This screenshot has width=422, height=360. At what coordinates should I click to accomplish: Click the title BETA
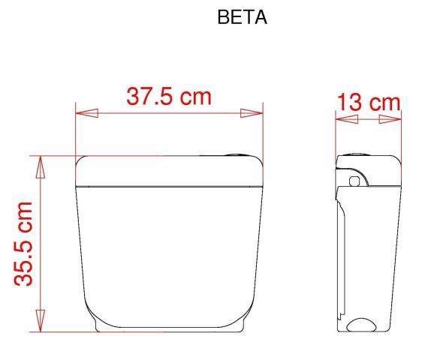pos(242,17)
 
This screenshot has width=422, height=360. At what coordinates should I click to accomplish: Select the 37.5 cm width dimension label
pos(169,96)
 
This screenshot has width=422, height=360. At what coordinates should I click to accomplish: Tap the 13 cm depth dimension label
pos(369,102)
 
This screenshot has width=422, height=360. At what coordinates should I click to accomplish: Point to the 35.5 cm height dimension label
pos(24,244)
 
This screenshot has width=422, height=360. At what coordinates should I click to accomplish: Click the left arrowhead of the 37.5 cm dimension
pos(86,113)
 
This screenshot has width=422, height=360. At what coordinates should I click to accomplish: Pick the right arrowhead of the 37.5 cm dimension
pos(252,113)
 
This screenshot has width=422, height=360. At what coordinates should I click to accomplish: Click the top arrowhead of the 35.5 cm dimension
pos(41,167)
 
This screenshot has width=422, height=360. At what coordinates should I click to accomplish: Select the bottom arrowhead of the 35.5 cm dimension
pos(41,320)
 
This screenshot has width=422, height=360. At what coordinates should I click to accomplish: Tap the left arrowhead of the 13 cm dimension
pos(347,119)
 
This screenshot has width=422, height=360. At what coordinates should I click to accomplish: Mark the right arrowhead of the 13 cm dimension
pos(390,119)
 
